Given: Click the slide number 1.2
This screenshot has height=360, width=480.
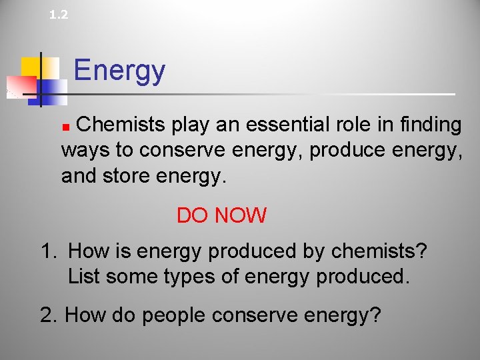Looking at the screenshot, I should (x=59, y=14).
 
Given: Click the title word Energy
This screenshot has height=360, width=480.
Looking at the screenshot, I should (x=119, y=71).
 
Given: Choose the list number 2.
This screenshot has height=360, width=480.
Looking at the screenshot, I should (x=49, y=314).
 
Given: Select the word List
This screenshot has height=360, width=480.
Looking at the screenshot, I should (x=85, y=276).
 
